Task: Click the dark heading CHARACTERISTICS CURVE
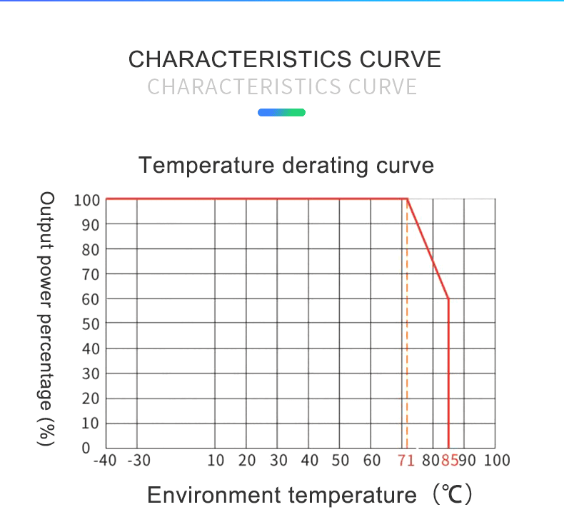point(284,59)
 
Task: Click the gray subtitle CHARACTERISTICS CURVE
point(282,87)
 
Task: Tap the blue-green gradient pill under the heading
point(281,113)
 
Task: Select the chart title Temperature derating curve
point(286,165)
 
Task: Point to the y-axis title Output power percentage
point(47,318)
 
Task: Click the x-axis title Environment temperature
point(281,495)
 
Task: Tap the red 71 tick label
point(406,461)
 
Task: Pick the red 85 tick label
point(449,461)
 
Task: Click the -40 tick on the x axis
point(104,461)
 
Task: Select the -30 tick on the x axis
point(138,461)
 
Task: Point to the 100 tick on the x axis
point(497,461)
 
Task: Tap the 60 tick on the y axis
point(90,299)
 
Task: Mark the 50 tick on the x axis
point(341,461)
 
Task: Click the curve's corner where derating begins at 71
point(407,199)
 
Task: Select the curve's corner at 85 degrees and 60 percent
point(448,298)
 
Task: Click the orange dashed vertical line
point(407,343)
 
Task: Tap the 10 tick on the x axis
point(216,461)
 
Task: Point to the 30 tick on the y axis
point(90,373)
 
